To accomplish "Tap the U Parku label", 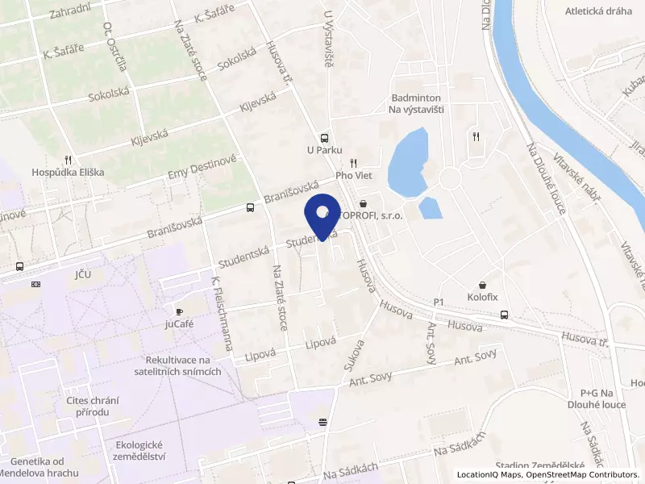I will [325, 149].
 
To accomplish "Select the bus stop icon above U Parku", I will [324, 137].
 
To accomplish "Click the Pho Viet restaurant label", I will [352, 174].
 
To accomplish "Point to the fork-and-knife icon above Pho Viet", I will [353, 162].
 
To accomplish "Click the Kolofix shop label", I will [482, 297].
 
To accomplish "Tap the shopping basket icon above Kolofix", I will [482, 285].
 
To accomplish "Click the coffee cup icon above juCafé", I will [180, 311].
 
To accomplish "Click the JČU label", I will [82, 275].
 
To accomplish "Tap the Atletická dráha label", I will [597, 11].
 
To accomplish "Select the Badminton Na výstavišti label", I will [418, 102].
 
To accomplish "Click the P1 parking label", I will [439, 302].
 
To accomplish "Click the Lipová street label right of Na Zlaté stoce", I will [320, 344].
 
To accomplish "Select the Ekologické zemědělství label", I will [140, 450].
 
